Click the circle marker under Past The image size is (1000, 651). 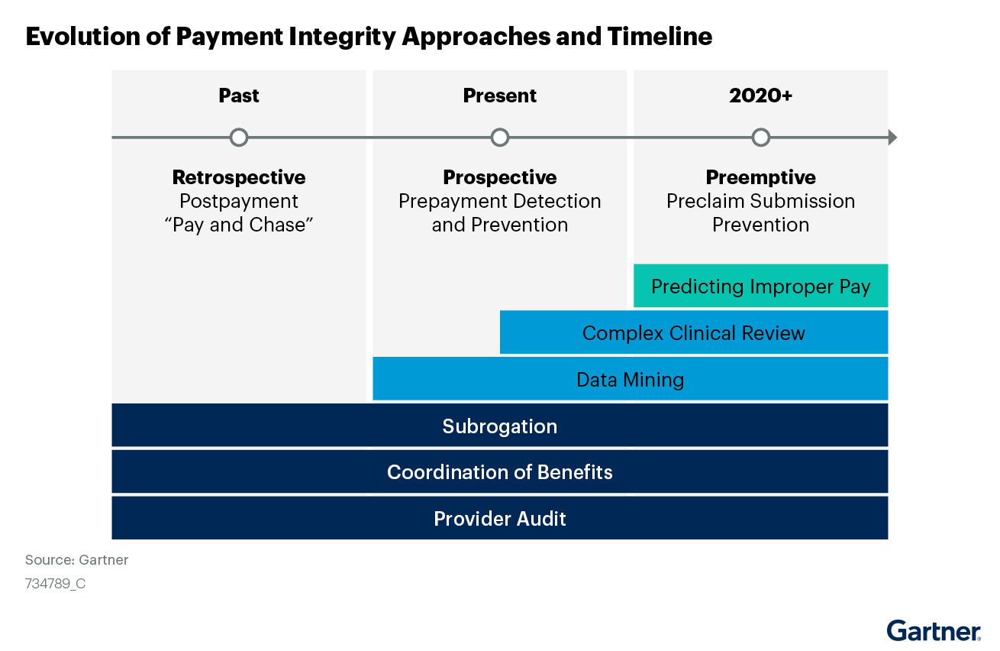[x=239, y=138]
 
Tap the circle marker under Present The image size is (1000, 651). [x=500, y=138]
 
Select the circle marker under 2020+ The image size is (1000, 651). [x=760, y=138]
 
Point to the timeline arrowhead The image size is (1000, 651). [x=892, y=138]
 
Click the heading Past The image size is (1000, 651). [x=239, y=96]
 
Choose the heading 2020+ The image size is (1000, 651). [x=760, y=96]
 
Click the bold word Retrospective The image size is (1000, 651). [x=239, y=177]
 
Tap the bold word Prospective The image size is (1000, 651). [x=500, y=177]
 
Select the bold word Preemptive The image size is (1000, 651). [x=760, y=177]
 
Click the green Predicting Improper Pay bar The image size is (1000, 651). [x=760, y=287]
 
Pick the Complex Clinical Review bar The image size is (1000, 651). [x=693, y=333]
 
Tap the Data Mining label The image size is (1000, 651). [x=630, y=380]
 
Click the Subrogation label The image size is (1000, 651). [x=500, y=426]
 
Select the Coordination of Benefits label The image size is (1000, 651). [x=500, y=472]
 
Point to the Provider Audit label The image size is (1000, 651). [x=500, y=519]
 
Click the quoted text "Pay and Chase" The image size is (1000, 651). [x=239, y=225]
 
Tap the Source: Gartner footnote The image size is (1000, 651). [x=77, y=560]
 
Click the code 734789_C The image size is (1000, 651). [x=56, y=584]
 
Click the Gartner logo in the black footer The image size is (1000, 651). [x=934, y=631]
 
